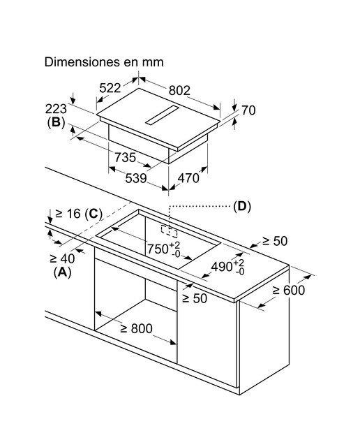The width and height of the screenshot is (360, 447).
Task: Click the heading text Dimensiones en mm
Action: point(104,62)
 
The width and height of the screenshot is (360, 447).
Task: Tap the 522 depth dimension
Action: point(110,88)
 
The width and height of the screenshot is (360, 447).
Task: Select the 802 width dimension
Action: point(179,90)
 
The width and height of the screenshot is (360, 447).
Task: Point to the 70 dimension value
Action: point(248,110)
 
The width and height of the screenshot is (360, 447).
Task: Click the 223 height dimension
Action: point(56,109)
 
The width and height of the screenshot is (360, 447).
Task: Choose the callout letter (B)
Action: point(56,123)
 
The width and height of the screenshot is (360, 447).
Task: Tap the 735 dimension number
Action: point(126,157)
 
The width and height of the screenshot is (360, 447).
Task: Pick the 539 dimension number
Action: point(136,178)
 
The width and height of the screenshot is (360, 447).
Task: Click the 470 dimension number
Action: point(188,178)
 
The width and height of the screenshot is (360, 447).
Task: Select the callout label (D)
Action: point(242,206)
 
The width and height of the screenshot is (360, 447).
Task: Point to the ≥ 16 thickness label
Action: point(68,213)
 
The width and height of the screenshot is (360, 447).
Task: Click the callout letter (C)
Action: point(93,214)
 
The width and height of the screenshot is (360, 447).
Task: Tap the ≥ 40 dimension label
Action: point(62,258)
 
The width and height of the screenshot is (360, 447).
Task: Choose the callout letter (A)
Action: point(62,272)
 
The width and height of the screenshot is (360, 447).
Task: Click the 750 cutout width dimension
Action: point(164,249)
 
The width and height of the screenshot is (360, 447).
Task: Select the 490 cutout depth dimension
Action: point(227,267)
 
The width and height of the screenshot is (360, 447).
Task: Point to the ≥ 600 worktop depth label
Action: point(289,291)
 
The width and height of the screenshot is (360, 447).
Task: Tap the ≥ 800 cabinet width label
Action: point(137,329)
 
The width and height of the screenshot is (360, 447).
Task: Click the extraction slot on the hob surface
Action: point(161,115)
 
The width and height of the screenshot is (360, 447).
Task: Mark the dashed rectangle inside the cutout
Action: point(169,231)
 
